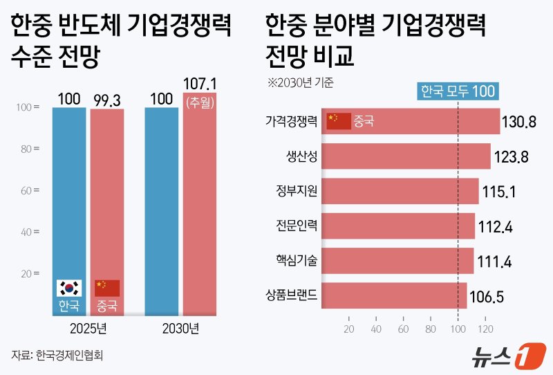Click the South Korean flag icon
[69, 288]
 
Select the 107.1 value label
[200, 84]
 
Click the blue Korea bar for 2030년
[161, 208]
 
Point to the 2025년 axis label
[87, 327]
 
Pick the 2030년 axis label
[180, 327]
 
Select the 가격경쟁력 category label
[292, 120]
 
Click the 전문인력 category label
[297, 225]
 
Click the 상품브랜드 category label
[292, 295]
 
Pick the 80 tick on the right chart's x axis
[431, 329]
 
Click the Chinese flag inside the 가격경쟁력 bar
[339, 120]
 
